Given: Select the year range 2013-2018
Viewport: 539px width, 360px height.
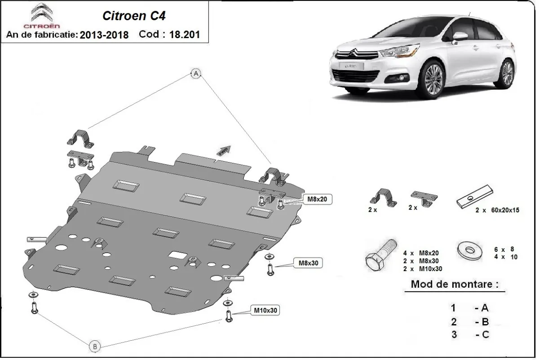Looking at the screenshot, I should coord(104,35).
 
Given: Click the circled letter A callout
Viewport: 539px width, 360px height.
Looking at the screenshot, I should coord(196,75).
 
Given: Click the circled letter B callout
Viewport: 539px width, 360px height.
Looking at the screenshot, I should coord(94,346).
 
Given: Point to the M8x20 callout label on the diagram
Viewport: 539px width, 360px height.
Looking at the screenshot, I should coord(318,198).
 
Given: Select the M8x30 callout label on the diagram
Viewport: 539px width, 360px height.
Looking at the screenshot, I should coord(308,263).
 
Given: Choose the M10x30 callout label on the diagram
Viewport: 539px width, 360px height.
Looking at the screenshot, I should coord(265,310).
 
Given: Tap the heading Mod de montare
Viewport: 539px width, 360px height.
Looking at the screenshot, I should coord(454,285).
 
